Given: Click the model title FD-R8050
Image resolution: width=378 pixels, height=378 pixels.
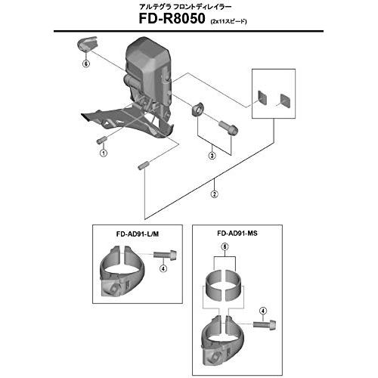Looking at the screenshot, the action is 172,19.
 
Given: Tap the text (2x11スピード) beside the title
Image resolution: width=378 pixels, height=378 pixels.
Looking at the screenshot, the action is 228,21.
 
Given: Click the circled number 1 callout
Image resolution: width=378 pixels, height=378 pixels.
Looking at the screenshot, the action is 104,153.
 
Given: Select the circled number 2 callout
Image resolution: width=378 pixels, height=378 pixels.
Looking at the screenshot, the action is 215,194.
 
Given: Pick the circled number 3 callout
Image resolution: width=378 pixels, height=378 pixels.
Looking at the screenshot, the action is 212,156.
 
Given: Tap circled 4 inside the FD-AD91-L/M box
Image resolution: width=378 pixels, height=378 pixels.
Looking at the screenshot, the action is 163,268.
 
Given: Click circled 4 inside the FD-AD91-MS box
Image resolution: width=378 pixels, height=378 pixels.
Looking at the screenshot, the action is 263,311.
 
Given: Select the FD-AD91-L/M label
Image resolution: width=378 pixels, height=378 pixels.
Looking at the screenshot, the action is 138,234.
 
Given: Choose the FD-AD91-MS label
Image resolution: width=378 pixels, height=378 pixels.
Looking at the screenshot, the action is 237,234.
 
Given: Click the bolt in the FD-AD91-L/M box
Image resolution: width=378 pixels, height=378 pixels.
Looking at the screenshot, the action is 165,254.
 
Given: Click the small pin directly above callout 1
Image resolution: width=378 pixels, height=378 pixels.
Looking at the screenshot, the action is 101,140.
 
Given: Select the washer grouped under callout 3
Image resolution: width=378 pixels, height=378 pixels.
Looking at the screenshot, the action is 198,109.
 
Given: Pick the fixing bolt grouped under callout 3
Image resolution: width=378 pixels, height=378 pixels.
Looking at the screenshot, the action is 228,128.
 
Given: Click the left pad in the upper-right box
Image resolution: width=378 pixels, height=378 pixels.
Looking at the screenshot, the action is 262,98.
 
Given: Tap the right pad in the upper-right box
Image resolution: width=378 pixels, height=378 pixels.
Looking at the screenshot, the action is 286,101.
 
